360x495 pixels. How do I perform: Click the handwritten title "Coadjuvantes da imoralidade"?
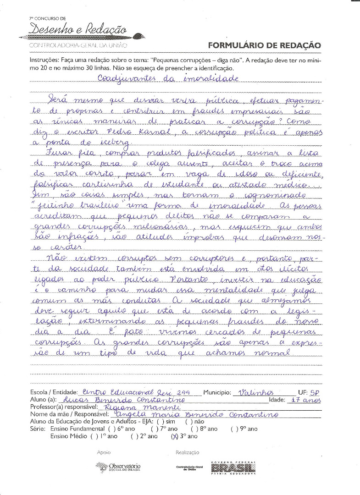(x=168, y=78)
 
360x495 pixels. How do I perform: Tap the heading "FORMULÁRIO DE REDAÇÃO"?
(x=265, y=45)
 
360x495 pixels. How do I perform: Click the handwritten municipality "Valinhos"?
(x=256, y=392)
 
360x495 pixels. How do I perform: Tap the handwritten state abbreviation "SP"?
(x=315, y=393)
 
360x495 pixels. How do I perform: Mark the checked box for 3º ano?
(x=174, y=437)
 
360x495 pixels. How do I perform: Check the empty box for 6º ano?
(x=112, y=429)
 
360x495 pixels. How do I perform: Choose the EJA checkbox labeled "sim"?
(x=160, y=421)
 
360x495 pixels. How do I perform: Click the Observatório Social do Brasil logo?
(x=118, y=467)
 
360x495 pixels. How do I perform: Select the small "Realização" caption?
(x=187, y=452)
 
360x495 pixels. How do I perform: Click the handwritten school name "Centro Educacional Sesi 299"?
(x=140, y=392)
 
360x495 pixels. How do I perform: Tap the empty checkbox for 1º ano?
(x=94, y=437)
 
